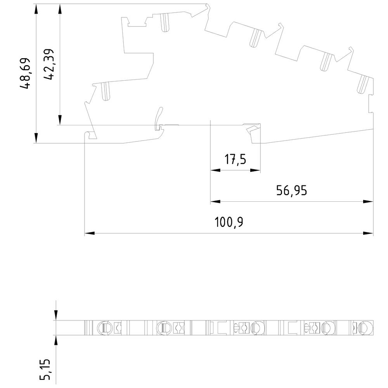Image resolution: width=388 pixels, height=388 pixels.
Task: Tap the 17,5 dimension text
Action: [x=235, y=159]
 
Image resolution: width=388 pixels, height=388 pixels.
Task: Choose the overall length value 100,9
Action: [x=229, y=222]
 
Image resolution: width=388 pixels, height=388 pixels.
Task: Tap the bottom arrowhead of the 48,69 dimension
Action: [x=36, y=138]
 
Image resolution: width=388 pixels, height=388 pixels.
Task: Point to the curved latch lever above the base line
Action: [x=159, y=117]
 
